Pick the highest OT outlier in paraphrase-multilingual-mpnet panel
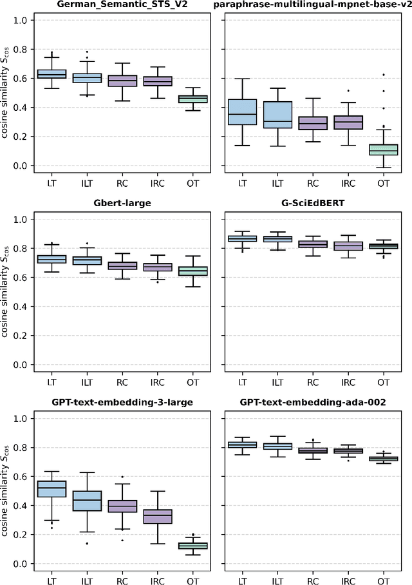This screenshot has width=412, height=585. click(x=384, y=75)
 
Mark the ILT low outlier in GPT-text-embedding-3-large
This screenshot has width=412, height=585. click(x=86, y=543)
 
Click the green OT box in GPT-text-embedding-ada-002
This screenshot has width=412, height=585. click(x=384, y=459)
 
